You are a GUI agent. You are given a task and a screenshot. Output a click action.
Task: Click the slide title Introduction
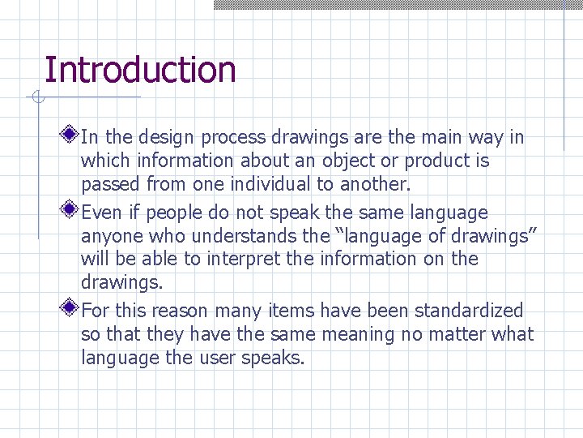tap(140, 70)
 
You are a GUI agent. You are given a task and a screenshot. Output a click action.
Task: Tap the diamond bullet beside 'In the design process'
tap(71, 133)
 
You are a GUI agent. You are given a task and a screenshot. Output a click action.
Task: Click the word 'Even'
tap(100, 213)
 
